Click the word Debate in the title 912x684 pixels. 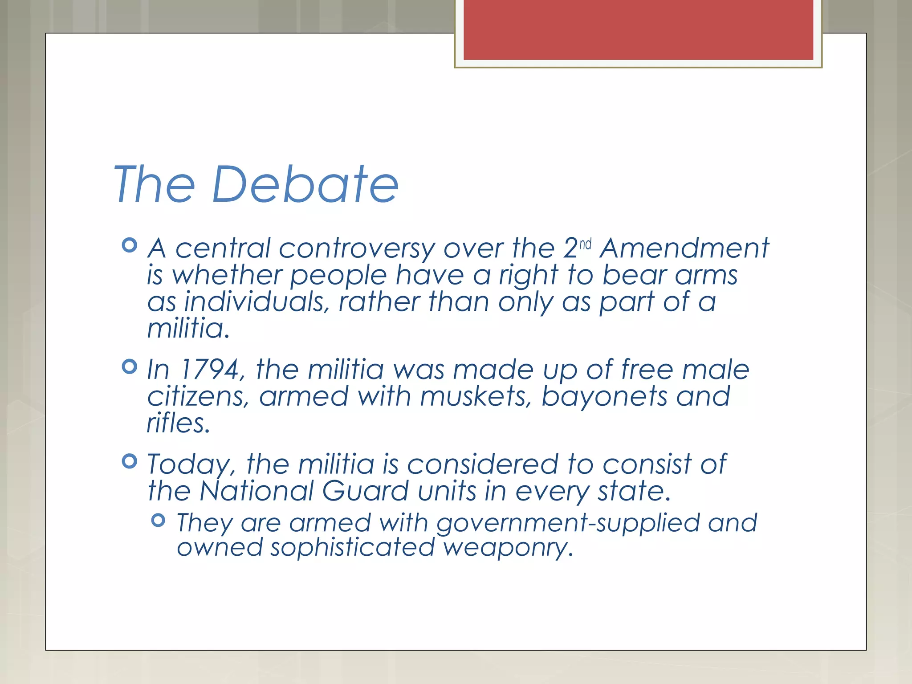[305, 184]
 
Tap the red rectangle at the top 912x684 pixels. [638, 29]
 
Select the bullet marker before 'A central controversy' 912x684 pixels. [129, 245]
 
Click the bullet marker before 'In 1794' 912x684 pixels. [129, 366]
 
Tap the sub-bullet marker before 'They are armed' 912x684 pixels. [158, 520]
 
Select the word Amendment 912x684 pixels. [684, 248]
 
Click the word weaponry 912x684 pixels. [508, 548]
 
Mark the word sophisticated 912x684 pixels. [352, 548]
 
